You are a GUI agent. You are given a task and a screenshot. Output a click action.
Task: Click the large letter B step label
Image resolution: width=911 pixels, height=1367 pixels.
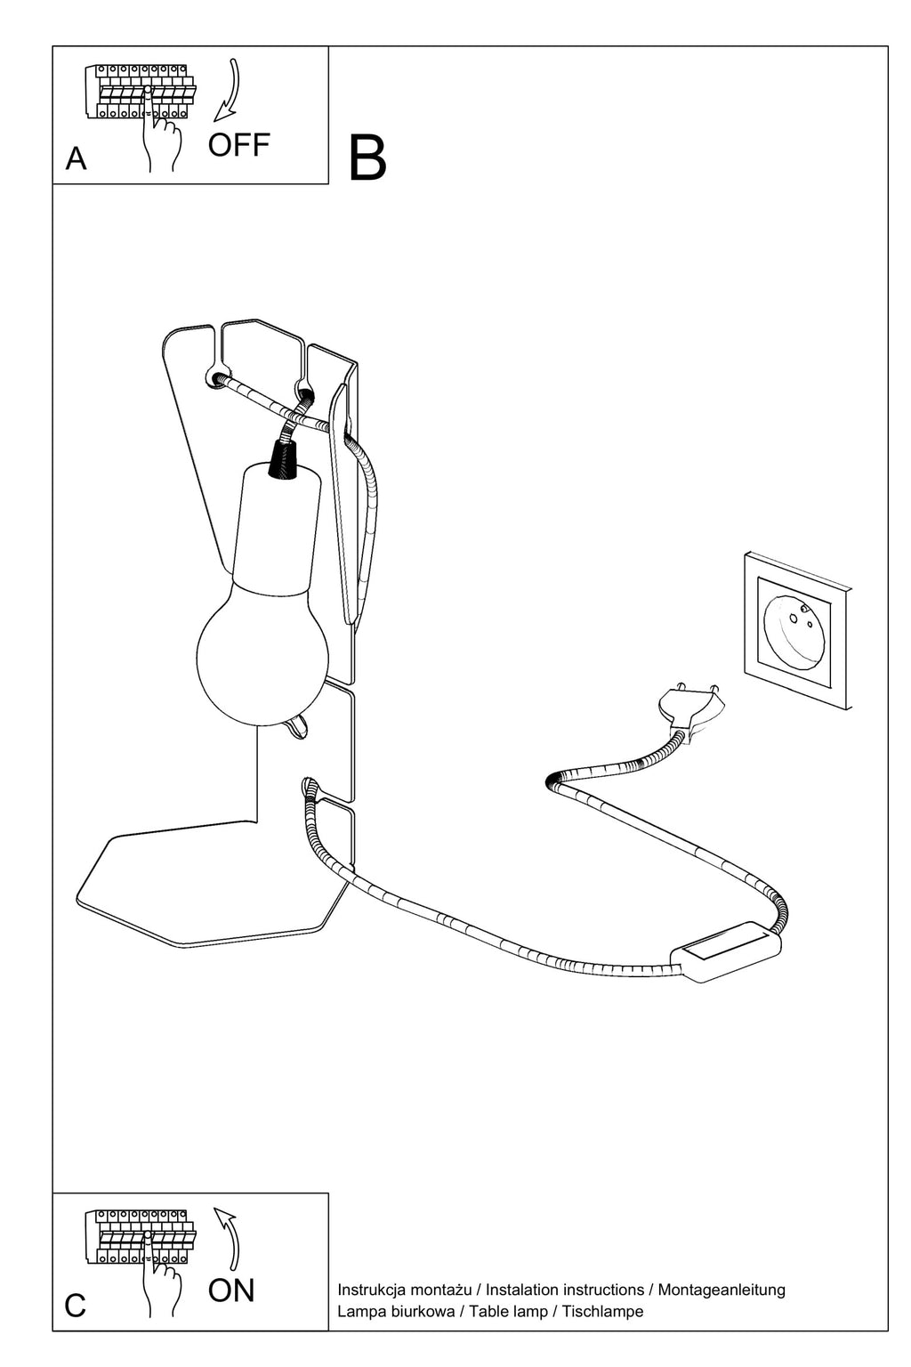(367, 158)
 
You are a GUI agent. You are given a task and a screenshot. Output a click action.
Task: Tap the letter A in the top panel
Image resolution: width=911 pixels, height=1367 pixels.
(76, 158)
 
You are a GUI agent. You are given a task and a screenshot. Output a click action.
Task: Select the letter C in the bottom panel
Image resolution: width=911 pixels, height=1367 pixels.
(75, 1306)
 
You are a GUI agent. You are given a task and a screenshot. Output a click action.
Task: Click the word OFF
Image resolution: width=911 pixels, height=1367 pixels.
(238, 145)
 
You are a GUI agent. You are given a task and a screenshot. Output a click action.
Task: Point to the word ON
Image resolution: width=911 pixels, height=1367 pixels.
(230, 1290)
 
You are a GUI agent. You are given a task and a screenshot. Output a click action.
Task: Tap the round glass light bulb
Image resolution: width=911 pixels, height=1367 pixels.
(262, 654)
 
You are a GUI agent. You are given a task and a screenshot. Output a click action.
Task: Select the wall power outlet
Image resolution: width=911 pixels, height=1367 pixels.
(797, 630)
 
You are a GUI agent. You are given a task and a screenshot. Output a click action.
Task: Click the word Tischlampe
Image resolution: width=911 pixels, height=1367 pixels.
(602, 1311)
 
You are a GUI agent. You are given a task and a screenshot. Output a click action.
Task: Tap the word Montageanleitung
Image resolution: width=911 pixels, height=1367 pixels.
(722, 1290)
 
